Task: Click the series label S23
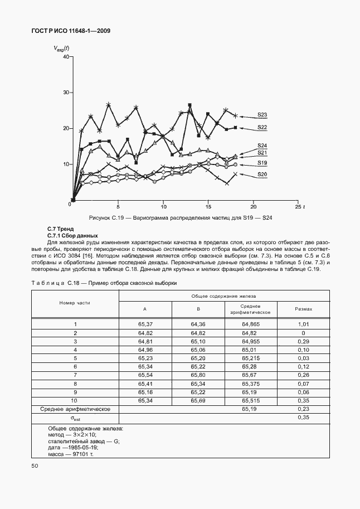(262, 115)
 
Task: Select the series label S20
(262, 174)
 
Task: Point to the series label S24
(262, 146)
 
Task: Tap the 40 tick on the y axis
(66, 56)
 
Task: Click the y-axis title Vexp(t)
(61, 49)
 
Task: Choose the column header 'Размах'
(303, 309)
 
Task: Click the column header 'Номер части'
(75, 303)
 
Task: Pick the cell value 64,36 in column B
(198, 324)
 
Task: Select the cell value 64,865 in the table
(251, 324)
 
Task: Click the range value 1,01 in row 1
(303, 324)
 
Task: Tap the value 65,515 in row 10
(251, 400)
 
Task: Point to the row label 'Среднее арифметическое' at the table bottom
(75, 409)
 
